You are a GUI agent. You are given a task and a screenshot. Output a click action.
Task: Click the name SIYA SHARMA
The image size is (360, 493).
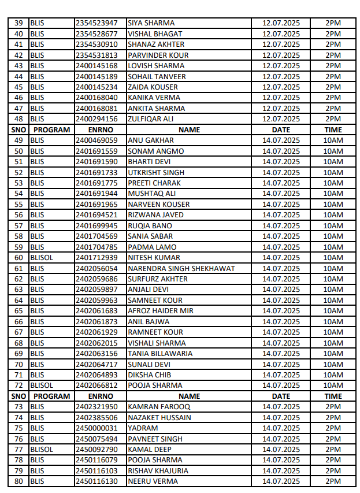pyautogui.click(x=151, y=23)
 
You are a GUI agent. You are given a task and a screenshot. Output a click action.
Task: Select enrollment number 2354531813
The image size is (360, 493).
pyautogui.click(x=97, y=55)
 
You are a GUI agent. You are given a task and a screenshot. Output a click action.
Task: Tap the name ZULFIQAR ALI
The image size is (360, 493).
pyautogui.click(x=150, y=119)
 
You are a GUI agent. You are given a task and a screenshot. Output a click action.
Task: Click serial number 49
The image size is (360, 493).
pyautogui.click(x=18, y=140)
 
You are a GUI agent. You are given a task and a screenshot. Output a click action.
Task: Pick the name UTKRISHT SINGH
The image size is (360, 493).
pyautogui.click(x=156, y=172)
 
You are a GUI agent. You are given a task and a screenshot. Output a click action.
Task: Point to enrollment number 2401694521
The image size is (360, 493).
pyautogui.click(x=97, y=215)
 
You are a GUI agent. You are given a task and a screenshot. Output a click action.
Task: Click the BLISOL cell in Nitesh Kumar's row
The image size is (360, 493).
pyautogui.click(x=41, y=258)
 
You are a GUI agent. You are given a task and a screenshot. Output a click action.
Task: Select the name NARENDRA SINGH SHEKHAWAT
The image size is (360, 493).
pyautogui.click(x=181, y=268)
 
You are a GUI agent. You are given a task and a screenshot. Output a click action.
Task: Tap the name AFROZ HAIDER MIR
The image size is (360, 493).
pyautogui.click(x=161, y=311)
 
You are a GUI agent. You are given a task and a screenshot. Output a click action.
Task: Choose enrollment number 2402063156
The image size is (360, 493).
pyautogui.click(x=97, y=354)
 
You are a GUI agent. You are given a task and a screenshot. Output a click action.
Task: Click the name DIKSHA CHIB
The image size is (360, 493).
pyautogui.click(x=150, y=375)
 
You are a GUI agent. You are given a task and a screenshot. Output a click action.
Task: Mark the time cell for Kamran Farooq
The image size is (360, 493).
pyautogui.click(x=333, y=407)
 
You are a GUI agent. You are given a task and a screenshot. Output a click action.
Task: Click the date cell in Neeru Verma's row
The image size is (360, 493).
pyautogui.click(x=281, y=481)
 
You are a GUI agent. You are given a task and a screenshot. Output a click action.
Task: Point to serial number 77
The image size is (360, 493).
pyautogui.click(x=18, y=450)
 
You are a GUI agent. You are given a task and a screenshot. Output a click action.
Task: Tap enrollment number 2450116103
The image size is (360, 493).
pyautogui.click(x=97, y=471)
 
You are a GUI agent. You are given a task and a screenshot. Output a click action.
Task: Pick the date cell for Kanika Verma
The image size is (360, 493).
pyautogui.click(x=281, y=98)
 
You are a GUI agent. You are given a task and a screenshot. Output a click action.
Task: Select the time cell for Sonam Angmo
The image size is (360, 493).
pyautogui.click(x=333, y=151)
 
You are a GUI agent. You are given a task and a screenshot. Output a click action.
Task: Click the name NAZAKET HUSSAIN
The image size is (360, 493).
pyautogui.click(x=159, y=418)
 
